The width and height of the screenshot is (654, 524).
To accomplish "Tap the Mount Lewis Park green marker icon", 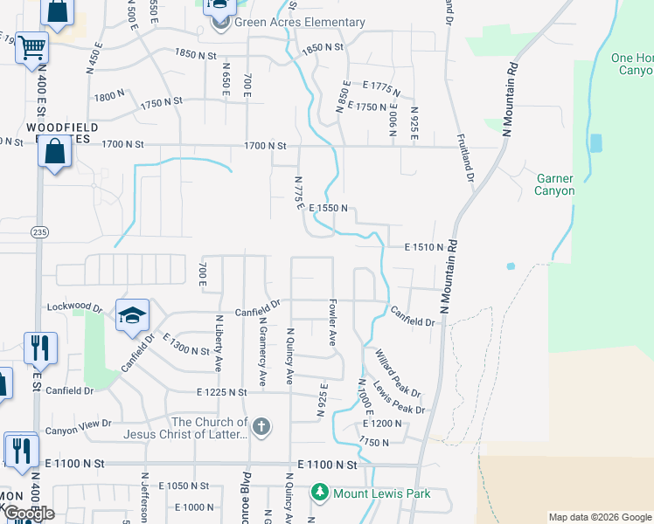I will tap(320, 493).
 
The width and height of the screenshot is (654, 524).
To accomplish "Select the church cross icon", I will tap(261, 427).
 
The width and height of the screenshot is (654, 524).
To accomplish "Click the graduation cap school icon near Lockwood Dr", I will tap(132, 315).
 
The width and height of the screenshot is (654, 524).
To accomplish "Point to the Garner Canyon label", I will tap(555, 184).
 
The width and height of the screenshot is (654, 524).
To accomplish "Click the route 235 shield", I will tap(39, 232).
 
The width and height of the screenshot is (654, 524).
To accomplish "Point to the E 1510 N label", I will tap(425, 248).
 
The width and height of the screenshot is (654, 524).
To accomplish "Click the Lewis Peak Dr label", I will tap(399, 397).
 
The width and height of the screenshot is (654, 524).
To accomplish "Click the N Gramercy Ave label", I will tap(261, 350).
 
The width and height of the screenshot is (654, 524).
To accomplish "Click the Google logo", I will tap(28, 514).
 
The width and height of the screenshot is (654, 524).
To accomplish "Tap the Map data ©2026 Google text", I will tap(599, 517).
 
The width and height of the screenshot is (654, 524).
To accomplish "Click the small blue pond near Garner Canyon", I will tap(510, 265).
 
